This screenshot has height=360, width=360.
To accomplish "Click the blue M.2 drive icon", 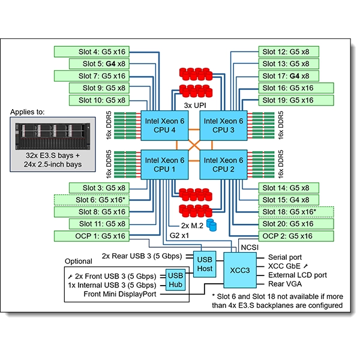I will coord(211,225).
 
